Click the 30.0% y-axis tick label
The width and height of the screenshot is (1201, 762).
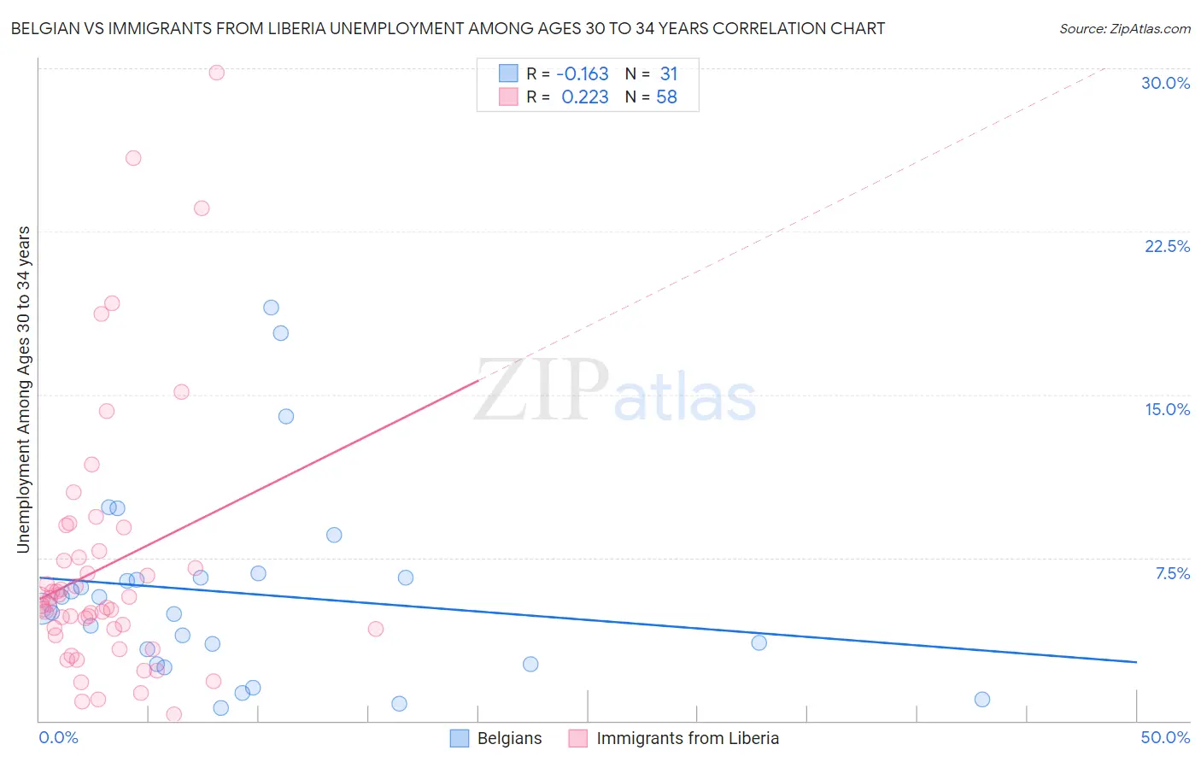click(x=1165, y=83)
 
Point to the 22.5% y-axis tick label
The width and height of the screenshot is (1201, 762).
click(x=1167, y=246)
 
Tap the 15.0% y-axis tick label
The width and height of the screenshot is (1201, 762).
click(x=1167, y=409)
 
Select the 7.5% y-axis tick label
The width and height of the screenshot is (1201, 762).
click(x=1172, y=573)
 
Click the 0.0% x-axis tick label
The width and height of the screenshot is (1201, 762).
click(x=58, y=737)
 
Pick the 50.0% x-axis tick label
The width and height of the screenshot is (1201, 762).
click(x=1165, y=737)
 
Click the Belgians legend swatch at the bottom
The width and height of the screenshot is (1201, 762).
click(x=460, y=738)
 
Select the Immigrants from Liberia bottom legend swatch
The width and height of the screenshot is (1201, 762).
click(x=578, y=738)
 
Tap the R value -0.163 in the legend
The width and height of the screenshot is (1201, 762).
click(x=582, y=74)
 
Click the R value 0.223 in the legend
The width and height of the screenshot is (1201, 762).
click(x=584, y=97)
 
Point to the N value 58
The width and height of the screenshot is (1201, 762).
click(x=666, y=97)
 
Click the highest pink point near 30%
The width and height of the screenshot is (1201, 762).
click(x=217, y=73)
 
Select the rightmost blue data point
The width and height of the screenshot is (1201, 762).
click(x=982, y=700)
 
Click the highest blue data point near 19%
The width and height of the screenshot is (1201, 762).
click(x=271, y=308)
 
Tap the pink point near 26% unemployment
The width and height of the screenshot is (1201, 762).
click(x=133, y=158)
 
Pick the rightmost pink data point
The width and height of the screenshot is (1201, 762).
click(x=376, y=629)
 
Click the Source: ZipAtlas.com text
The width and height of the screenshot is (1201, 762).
click(x=1124, y=29)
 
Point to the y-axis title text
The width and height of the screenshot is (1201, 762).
click(x=24, y=390)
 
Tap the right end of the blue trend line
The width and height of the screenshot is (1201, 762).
click(x=1136, y=662)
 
